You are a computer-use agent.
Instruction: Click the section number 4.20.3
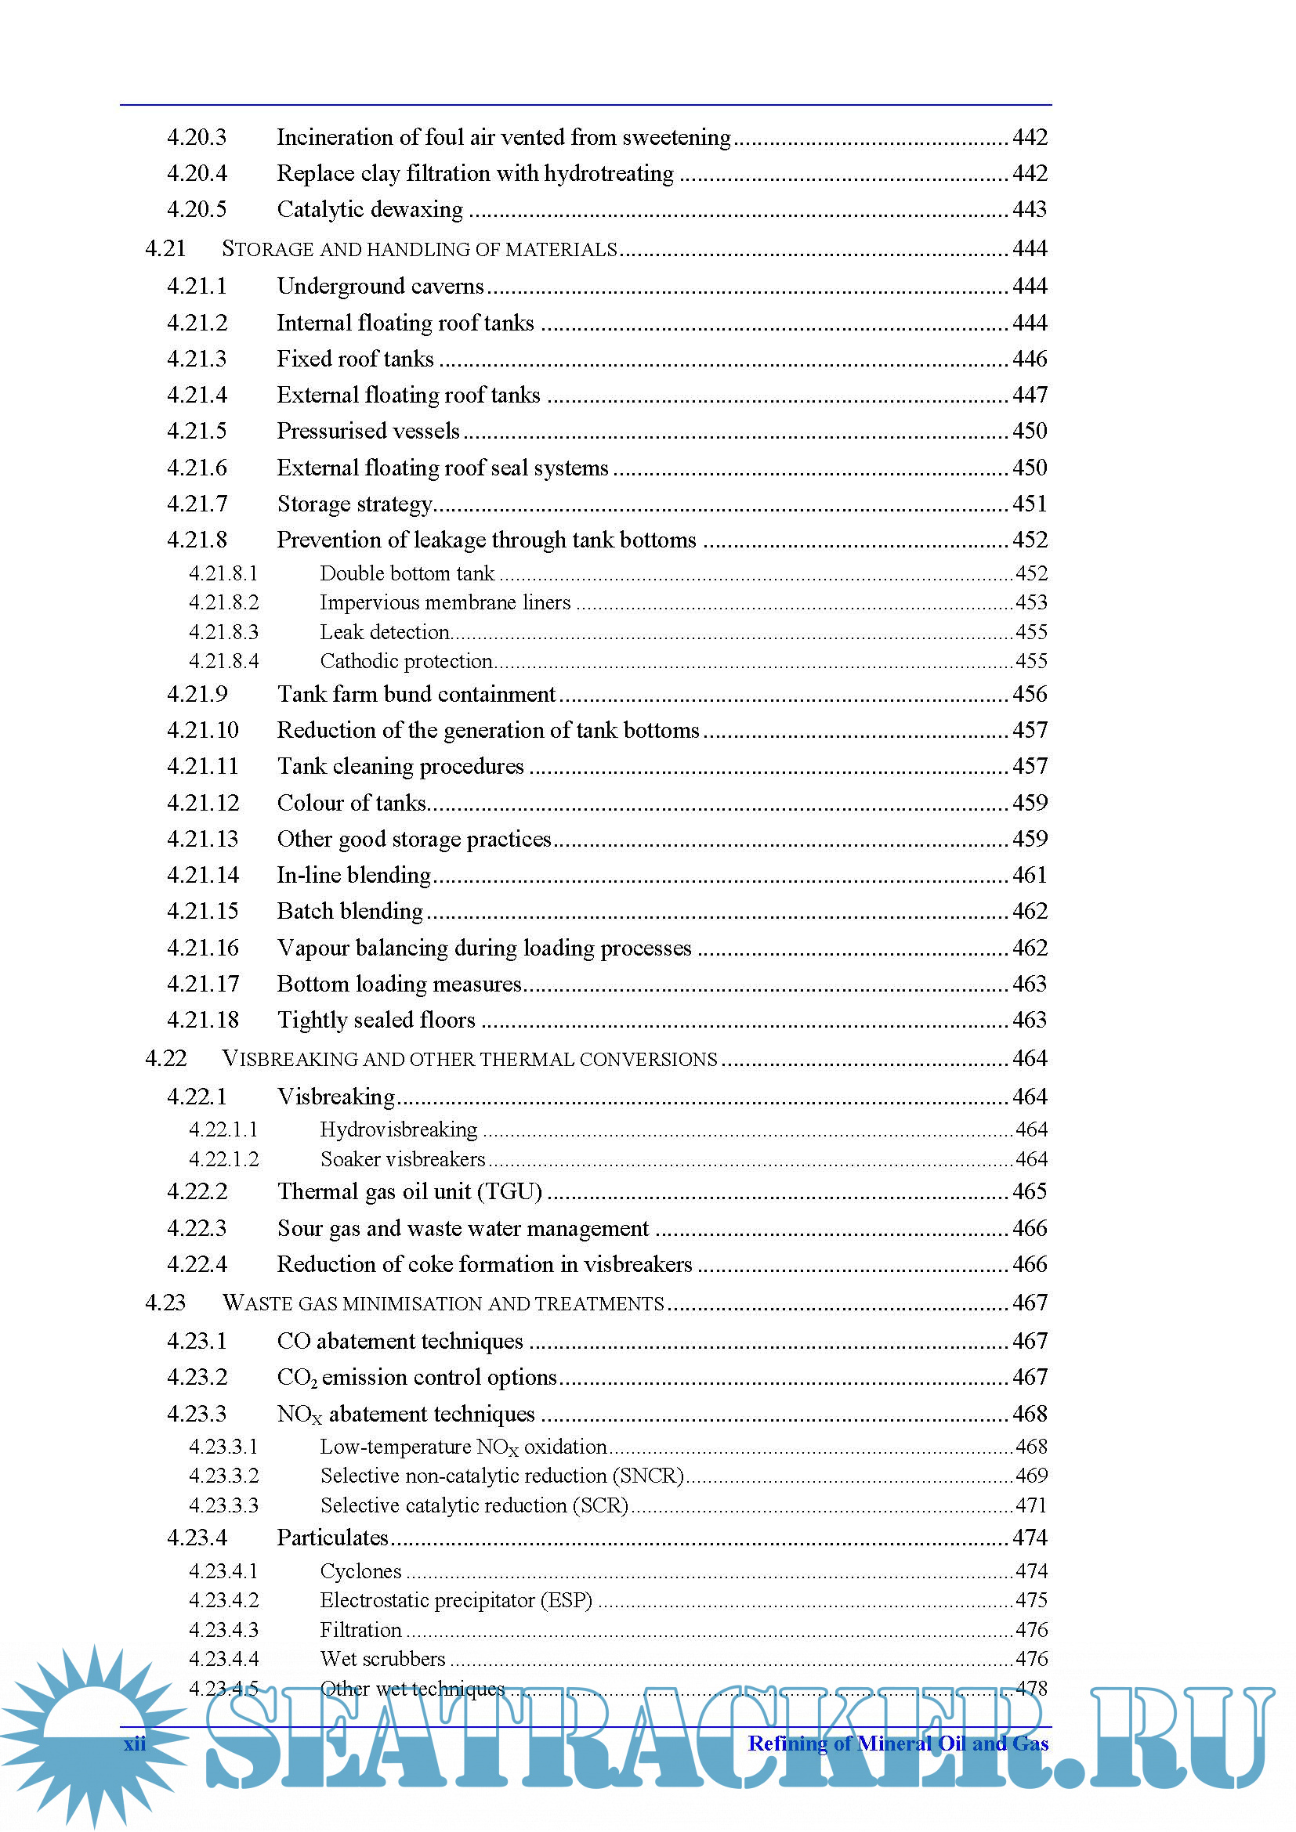tap(197, 137)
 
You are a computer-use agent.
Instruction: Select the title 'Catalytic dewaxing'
tap(370, 210)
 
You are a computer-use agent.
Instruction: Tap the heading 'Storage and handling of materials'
tap(419, 250)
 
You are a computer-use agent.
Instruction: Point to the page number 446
tap(1030, 359)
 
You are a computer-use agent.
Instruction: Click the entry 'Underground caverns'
tap(380, 287)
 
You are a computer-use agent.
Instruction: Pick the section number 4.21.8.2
tap(223, 602)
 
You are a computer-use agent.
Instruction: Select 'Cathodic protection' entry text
tap(405, 662)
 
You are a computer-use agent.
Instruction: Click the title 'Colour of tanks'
tap(351, 803)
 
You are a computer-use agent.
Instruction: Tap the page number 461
tap(1030, 876)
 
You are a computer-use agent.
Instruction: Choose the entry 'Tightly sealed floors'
tap(376, 1021)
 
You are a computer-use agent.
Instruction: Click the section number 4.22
tap(165, 1059)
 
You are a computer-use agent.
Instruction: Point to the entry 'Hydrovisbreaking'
tap(398, 1130)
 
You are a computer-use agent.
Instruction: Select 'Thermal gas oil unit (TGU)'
tap(409, 1192)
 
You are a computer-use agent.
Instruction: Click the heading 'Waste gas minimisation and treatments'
tap(443, 1304)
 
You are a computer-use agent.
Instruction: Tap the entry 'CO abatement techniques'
tap(400, 1341)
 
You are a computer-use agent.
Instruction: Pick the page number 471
tap(1030, 1505)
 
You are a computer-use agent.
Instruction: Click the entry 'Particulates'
tap(332, 1538)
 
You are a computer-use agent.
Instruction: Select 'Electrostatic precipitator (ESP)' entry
tap(456, 1601)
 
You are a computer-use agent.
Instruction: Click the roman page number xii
tap(135, 1743)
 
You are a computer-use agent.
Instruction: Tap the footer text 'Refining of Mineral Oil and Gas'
tap(898, 1743)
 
